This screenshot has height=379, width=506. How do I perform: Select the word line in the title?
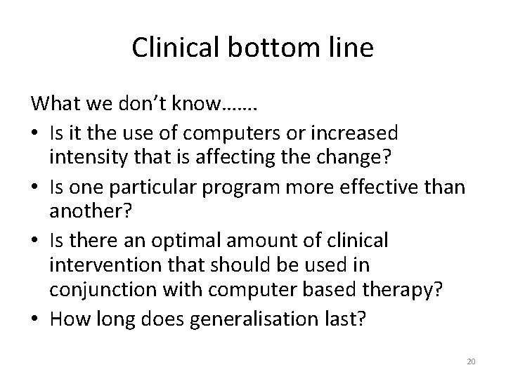coord(351,48)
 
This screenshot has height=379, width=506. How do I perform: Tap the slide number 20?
coord(471,362)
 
